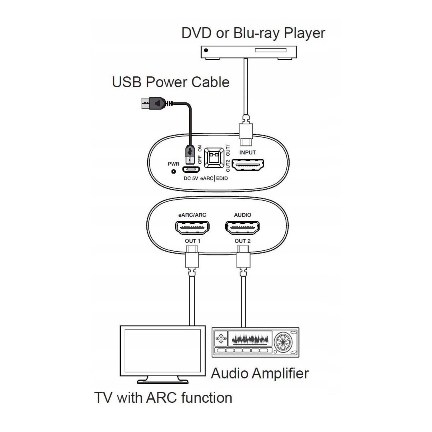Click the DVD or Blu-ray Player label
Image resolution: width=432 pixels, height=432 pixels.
point(253,33)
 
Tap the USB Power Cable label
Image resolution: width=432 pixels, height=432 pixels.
point(171,82)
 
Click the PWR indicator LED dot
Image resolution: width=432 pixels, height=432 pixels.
point(174,172)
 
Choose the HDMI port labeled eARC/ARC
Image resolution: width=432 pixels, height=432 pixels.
point(192,228)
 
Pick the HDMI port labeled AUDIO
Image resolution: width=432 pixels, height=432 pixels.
point(242,228)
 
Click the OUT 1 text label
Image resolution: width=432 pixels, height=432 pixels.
point(192,241)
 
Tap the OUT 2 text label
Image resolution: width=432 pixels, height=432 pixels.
point(242,241)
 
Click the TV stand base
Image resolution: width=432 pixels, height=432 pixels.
point(163,380)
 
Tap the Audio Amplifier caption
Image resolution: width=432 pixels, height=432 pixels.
point(260,373)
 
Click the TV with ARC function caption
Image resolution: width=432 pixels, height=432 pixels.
point(163,398)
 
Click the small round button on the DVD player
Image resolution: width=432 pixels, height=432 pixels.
point(206,50)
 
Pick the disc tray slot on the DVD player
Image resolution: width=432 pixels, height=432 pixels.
point(270,50)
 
